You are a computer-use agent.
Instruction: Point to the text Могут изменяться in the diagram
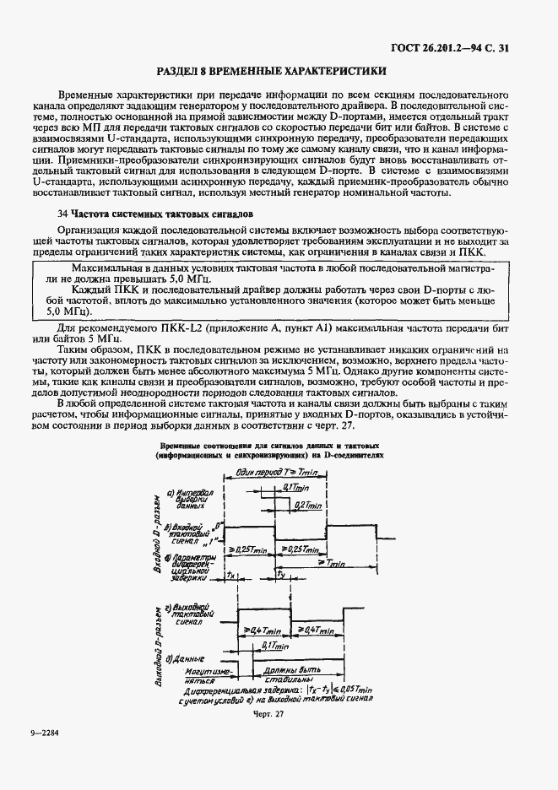[206, 673]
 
